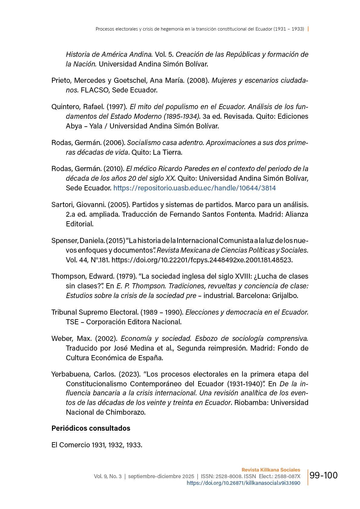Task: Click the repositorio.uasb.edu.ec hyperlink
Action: point(194,188)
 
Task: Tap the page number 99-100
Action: point(323,475)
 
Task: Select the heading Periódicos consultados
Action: point(91,428)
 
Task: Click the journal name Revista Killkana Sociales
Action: point(271,470)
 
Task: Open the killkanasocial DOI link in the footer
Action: point(243,483)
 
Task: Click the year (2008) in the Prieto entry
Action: point(198,80)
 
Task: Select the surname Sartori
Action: point(62,205)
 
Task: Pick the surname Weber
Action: point(61,339)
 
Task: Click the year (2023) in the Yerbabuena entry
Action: point(129,374)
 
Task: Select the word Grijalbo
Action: point(285,296)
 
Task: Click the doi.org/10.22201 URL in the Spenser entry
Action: point(202,260)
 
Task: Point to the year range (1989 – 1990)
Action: point(162,312)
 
